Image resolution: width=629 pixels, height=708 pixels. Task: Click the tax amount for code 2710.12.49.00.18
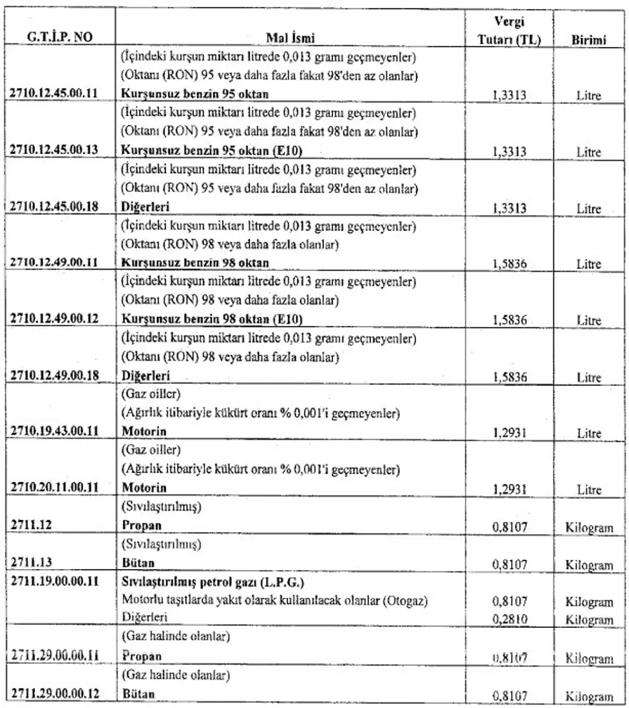pos(510,376)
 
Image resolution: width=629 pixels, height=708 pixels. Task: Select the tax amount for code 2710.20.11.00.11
pos(510,489)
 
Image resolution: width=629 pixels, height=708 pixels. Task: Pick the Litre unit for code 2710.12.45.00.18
pos(589,209)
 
